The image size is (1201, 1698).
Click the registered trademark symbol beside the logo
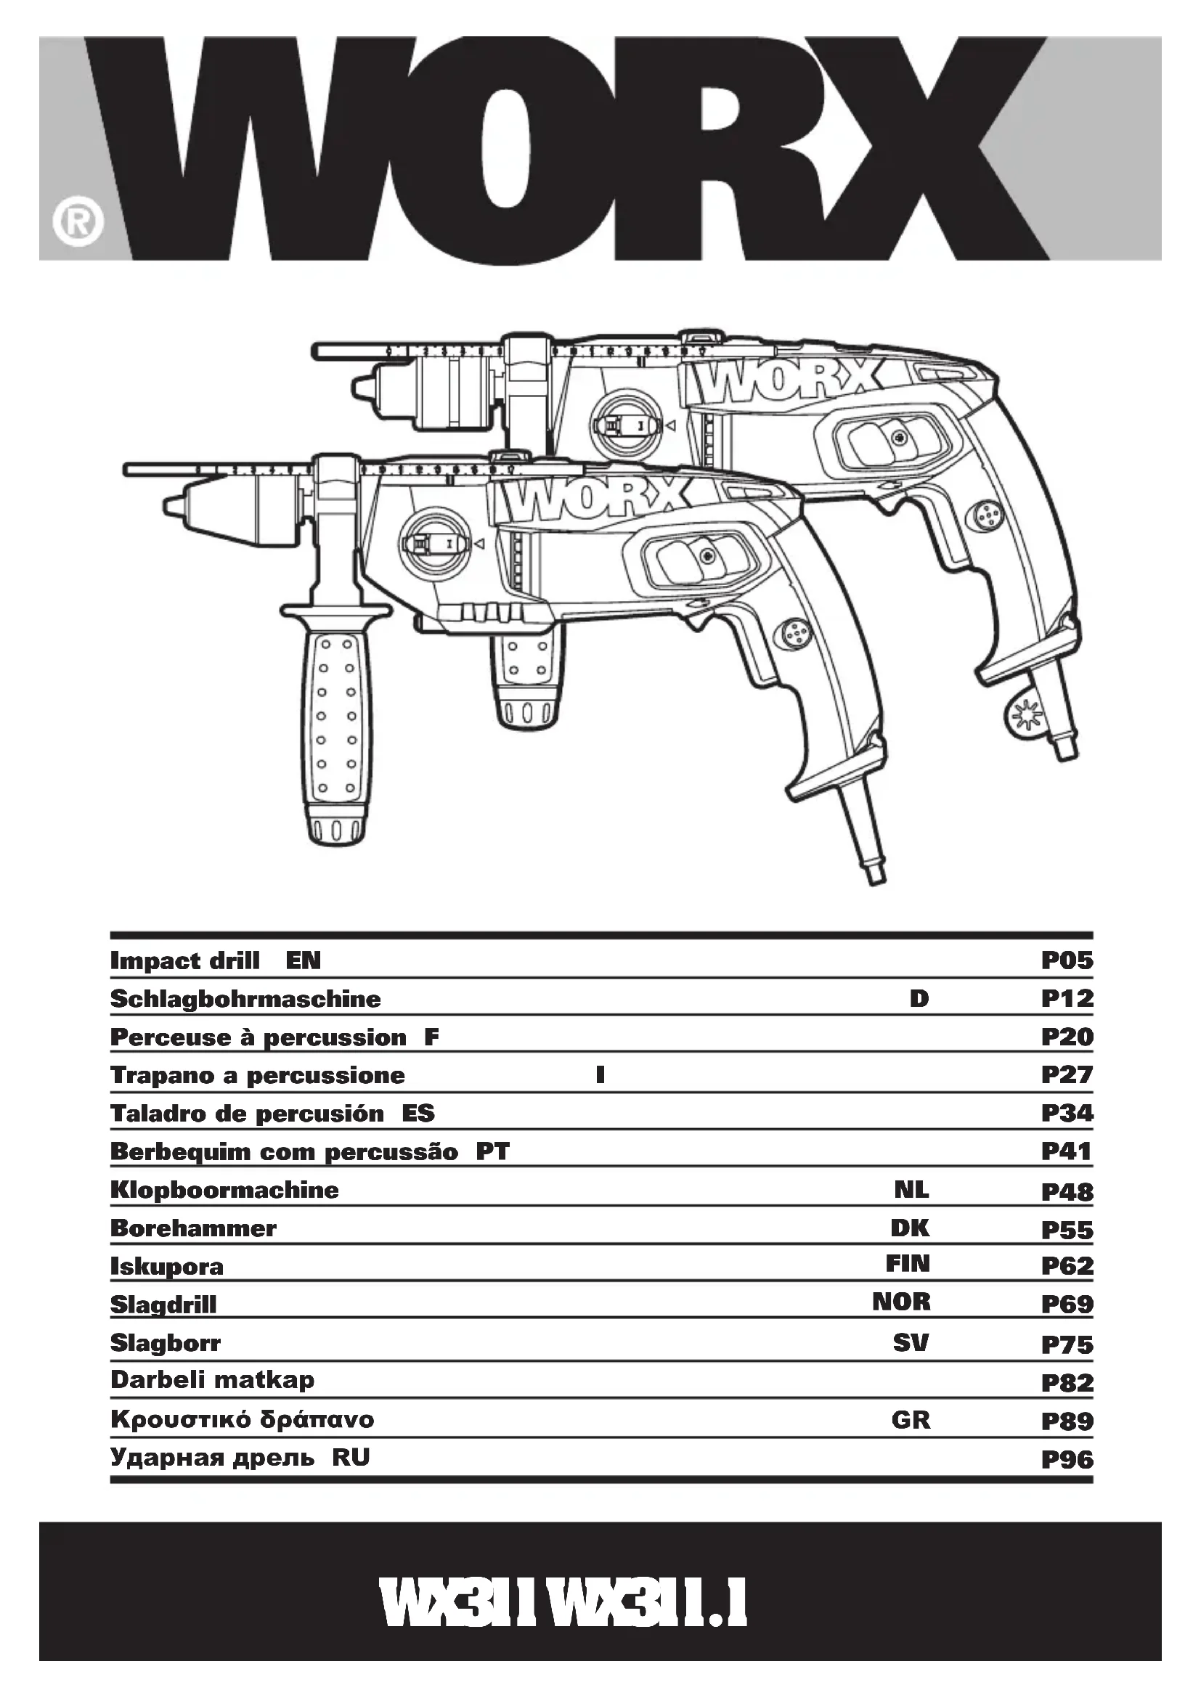coord(78,221)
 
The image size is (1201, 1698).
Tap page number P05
coord(1067,960)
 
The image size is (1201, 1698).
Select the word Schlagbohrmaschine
coord(245,999)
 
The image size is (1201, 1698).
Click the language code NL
coord(911,1190)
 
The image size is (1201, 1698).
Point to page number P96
coord(1067,1460)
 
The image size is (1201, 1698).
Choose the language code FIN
coord(908,1264)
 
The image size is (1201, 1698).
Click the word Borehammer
coord(193,1228)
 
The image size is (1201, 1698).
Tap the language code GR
coord(911,1420)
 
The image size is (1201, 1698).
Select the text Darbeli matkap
coord(212,1380)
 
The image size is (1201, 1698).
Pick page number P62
coord(1067,1266)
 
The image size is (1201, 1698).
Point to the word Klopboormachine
coord(224,1190)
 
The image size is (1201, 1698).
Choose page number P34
coord(1067,1113)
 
